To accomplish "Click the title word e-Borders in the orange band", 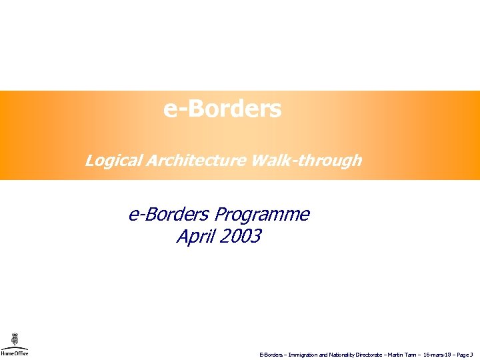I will point(222,109).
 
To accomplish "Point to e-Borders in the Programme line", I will point(169,215).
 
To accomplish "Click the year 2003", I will point(240,237).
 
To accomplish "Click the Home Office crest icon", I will point(14,340).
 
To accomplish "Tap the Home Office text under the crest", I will point(14,353).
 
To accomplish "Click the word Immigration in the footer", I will point(303,355).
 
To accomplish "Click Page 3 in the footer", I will point(465,355).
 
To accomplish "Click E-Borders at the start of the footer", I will point(271,355).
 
